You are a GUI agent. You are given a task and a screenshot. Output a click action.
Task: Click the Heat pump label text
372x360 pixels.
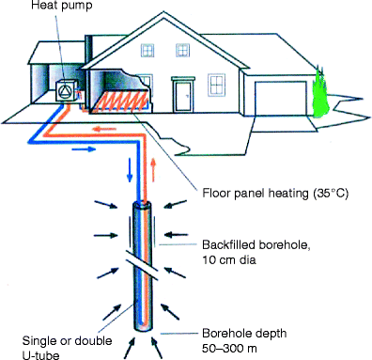[x=62, y=6]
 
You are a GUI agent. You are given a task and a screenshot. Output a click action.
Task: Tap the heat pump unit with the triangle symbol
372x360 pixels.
[x=67, y=90]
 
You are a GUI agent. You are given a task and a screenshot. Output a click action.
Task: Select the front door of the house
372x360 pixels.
[x=183, y=95]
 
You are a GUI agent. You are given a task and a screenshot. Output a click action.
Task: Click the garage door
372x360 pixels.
[x=281, y=99]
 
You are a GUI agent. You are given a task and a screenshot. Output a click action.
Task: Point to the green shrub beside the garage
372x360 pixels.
[x=321, y=93]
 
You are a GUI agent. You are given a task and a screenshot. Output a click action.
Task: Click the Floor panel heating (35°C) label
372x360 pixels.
[x=275, y=193]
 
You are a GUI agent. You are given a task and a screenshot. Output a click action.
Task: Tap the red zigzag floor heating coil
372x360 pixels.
[x=121, y=102]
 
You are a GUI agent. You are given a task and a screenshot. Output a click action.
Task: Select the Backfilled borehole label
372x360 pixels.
[x=256, y=244]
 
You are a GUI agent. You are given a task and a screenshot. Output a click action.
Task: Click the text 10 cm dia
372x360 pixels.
[x=229, y=259]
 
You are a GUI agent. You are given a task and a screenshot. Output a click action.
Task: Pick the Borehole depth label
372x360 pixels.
[x=244, y=333]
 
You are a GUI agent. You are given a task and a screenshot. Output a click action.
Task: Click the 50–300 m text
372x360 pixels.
[x=229, y=348]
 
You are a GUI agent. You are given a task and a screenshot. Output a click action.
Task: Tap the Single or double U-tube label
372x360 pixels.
[x=67, y=347]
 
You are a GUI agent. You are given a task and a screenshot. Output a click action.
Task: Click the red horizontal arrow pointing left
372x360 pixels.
[x=104, y=129]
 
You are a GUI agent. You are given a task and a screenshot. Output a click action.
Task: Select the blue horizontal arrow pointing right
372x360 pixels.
[x=84, y=149]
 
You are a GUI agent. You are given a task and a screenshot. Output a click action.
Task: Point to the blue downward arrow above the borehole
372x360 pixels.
[x=130, y=170]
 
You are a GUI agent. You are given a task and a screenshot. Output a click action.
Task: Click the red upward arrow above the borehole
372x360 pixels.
[x=153, y=170]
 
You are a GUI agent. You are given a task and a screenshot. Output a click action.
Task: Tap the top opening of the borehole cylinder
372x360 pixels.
[x=143, y=205]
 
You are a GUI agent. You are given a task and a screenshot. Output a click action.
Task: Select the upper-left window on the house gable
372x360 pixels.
[x=147, y=50]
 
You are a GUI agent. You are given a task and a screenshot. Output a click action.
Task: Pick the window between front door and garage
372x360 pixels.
[x=216, y=85]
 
